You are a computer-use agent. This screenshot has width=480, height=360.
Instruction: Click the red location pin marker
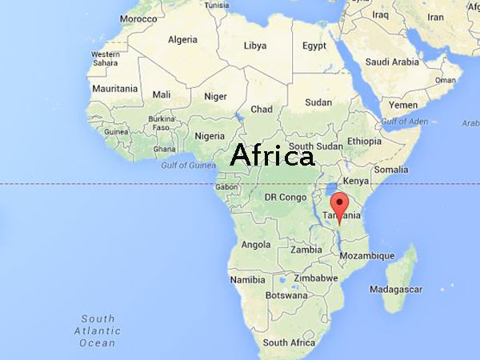click(340, 205)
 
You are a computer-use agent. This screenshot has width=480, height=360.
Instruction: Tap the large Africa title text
click(272, 156)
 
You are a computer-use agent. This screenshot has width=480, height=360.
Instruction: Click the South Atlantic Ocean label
click(98, 330)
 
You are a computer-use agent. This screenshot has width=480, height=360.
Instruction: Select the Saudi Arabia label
click(393, 62)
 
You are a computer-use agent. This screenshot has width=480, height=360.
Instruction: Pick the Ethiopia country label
click(364, 142)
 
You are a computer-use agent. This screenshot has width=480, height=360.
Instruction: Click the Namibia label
click(247, 280)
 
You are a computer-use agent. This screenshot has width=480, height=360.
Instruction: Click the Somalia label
click(391, 170)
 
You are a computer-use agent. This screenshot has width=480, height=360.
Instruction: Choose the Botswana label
click(286, 294)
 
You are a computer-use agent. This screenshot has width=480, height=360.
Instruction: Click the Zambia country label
click(306, 249)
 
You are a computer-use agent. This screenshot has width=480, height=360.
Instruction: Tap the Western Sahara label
click(105, 58)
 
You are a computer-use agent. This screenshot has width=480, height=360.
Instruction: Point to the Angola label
click(256, 244)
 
